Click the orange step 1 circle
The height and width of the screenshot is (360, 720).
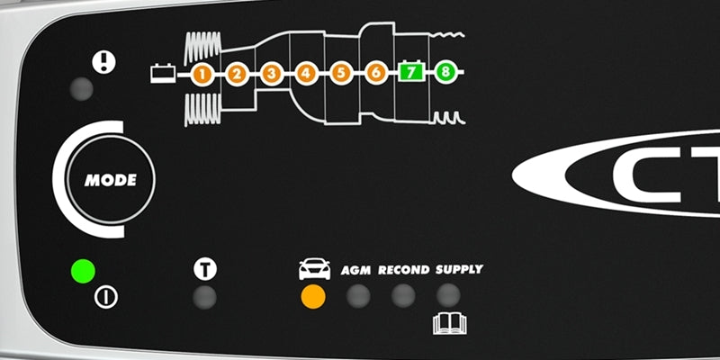tap(202, 74)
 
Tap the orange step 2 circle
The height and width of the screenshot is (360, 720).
tap(237, 74)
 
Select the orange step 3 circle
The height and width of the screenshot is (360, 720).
tap(271, 74)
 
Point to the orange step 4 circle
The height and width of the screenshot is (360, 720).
tap(306, 74)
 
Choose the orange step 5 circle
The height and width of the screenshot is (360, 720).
tap(340, 74)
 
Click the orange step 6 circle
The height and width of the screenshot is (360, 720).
tap(375, 74)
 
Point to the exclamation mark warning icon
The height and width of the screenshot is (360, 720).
tap(104, 61)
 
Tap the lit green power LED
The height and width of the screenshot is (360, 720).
tap(84, 270)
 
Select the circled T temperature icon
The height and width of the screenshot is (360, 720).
tap(204, 268)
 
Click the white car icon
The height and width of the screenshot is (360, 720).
tap(314, 269)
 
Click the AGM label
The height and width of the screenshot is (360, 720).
tap(358, 270)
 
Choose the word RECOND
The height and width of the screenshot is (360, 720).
tap(403, 270)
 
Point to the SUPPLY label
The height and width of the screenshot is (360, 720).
tap(459, 269)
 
